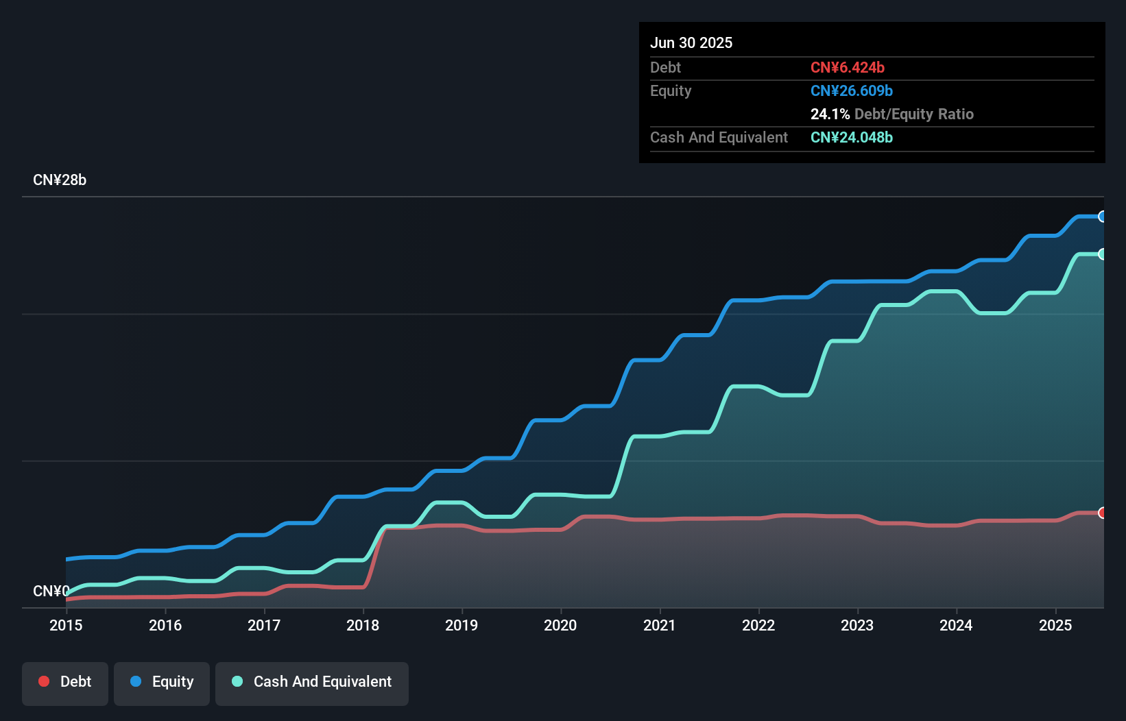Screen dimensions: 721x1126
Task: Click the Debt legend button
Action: point(65,683)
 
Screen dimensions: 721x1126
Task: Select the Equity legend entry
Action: point(162,683)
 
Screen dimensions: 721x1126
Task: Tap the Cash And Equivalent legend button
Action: point(312,683)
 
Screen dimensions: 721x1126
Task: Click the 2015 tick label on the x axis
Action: point(66,625)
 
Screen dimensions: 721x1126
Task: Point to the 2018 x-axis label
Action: point(363,625)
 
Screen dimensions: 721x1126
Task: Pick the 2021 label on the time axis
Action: point(659,625)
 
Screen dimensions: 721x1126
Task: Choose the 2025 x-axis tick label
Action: point(1055,625)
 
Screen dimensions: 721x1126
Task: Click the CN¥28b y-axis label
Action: point(60,180)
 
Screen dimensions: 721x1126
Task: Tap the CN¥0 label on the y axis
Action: point(51,591)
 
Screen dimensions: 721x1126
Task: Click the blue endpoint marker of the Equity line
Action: point(1102,217)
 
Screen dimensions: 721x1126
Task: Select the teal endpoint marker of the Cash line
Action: point(1102,254)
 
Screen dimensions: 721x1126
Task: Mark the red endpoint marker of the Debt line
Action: point(1102,513)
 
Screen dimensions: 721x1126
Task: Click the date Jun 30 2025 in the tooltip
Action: point(691,42)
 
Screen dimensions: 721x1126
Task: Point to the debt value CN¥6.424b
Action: point(847,67)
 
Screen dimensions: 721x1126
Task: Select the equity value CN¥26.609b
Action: point(851,90)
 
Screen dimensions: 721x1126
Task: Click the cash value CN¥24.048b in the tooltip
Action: point(851,137)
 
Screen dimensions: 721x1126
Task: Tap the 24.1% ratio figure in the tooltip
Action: point(830,114)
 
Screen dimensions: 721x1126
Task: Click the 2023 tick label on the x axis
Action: point(857,625)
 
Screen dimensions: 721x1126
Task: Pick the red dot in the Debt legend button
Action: point(44,681)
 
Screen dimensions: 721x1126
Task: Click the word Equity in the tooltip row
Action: point(671,90)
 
